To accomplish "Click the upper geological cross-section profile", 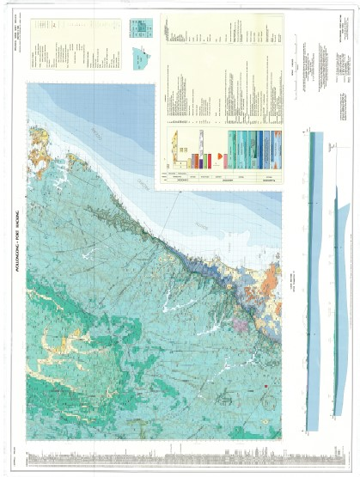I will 311,284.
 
